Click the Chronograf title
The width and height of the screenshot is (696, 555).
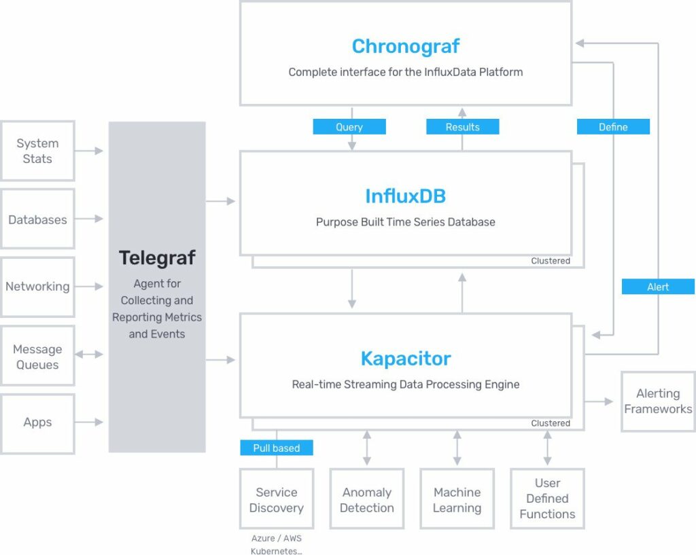pos(405,46)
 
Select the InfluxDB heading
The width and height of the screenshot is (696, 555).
pos(405,196)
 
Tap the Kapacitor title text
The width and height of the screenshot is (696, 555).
pos(405,359)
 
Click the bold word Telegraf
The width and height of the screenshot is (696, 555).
pos(157,258)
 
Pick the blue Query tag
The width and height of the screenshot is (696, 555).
pos(349,127)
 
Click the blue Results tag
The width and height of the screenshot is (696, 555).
pos(462,127)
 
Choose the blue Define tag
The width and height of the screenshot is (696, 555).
pos(613,127)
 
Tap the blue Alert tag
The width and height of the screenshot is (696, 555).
pos(658,287)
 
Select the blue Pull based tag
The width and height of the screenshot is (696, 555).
pos(276,448)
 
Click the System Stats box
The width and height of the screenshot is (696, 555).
pos(37,151)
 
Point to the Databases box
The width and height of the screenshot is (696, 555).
pos(37,219)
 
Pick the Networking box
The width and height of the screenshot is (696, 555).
pos(37,287)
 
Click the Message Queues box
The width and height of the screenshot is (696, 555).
pos(37,357)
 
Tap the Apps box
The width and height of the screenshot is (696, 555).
pos(37,423)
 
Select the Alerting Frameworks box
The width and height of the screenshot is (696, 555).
pos(658,401)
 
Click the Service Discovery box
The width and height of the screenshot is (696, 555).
pos(276,499)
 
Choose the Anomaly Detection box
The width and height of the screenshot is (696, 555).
pos(367,499)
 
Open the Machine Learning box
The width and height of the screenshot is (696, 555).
pos(457,499)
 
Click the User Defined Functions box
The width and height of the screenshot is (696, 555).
pos(547,499)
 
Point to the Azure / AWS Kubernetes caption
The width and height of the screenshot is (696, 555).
pos(276,545)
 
